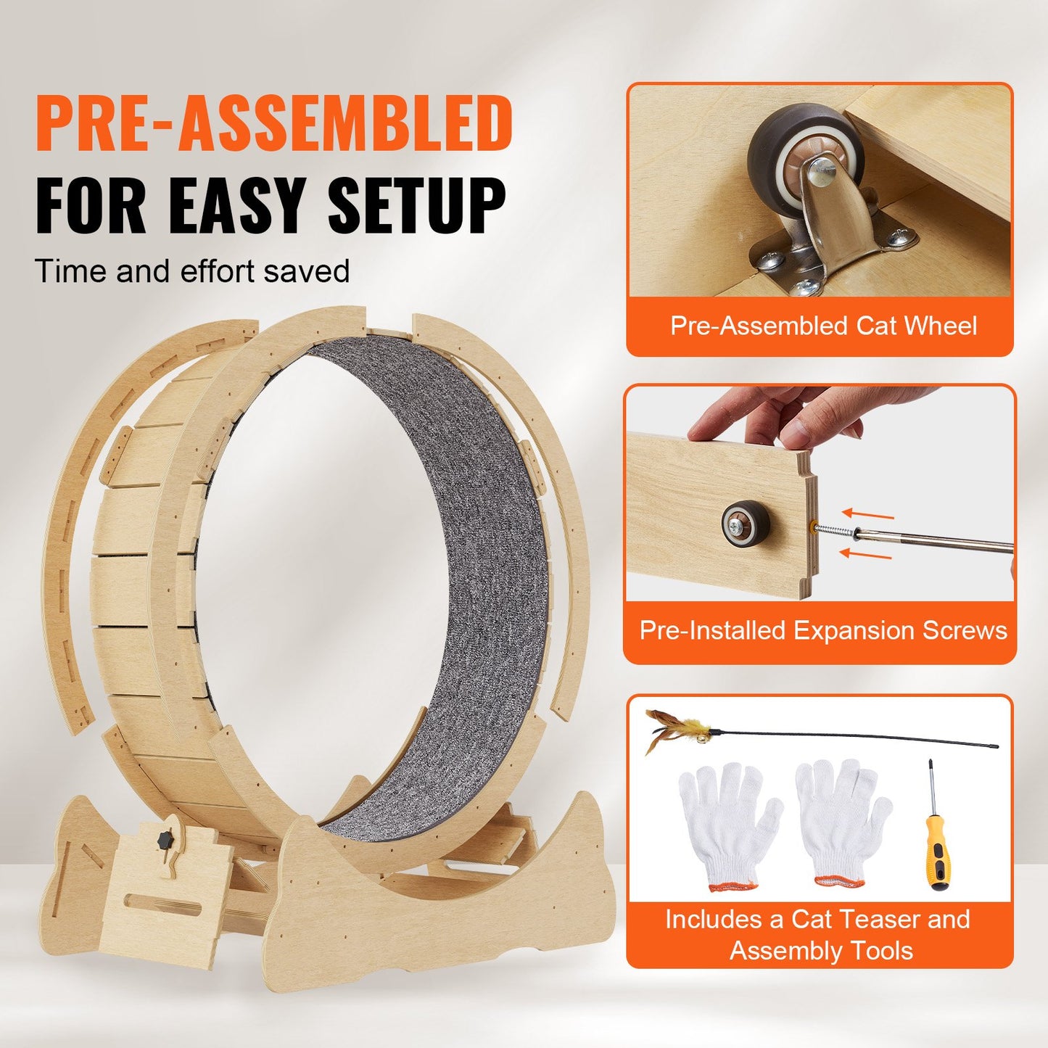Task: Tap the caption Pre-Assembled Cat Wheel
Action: tap(823, 326)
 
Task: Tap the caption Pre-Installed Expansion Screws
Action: tap(823, 630)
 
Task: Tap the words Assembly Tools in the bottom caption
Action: tap(821, 950)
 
